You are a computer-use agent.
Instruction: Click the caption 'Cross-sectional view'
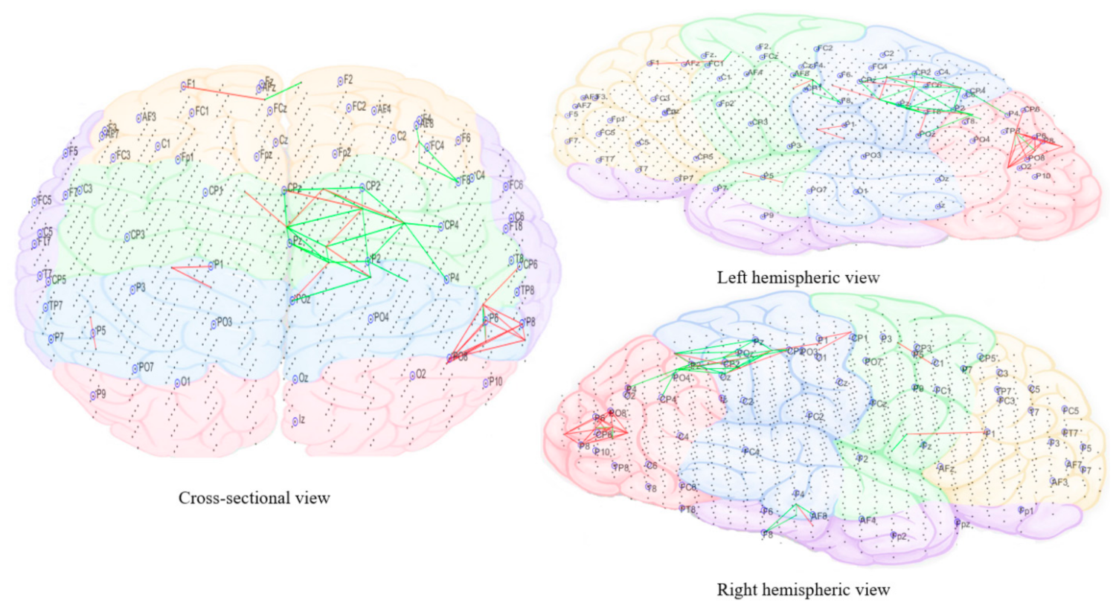pyautogui.click(x=254, y=498)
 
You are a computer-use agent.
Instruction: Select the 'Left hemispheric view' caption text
pyautogui.click(x=798, y=278)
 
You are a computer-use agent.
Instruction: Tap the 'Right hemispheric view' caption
pyautogui.click(x=803, y=590)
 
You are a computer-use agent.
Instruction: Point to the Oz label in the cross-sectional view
pyautogui.click(x=301, y=378)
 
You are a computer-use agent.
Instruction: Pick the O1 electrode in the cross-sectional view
pyautogui.click(x=183, y=382)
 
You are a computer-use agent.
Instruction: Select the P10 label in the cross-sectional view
pyautogui.click(x=493, y=382)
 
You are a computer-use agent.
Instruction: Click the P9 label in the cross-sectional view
pyautogui.click(x=98, y=395)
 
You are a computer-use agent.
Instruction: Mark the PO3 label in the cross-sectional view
pyautogui.click(x=222, y=323)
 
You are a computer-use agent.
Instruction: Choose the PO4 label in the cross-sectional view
pyautogui.click(x=379, y=318)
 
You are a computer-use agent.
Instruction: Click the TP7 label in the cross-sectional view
pyautogui.click(x=54, y=306)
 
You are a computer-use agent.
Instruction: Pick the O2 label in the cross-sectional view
pyautogui.click(x=418, y=375)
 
